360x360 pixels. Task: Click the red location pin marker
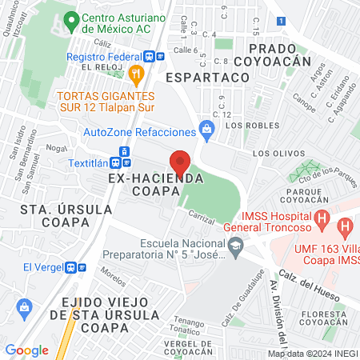click(180, 162)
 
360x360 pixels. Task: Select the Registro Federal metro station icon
click(151, 57)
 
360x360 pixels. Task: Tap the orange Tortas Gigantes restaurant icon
click(137, 74)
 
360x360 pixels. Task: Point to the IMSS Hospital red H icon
click(321, 217)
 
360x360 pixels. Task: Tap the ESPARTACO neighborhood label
click(208, 78)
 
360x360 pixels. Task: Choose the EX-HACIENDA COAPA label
click(154, 186)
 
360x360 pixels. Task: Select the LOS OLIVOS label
click(278, 152)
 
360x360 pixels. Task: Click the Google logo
click(26, 350)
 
